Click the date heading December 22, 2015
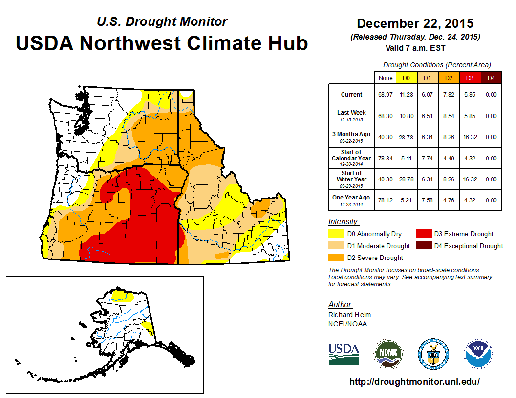(415, 23)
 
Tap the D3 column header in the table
(469, 78)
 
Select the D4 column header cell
(491, 78)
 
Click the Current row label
(352, 95)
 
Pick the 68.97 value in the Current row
(385, 95)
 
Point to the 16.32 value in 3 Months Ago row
(469, 137)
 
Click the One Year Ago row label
(351, 198)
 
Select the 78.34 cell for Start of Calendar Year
(385, 158)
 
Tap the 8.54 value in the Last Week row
(448, 116)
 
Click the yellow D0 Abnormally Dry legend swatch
(336, 234)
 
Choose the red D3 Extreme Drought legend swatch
(423, 234)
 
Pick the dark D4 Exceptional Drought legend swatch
(423, 246)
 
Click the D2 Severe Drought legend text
(375, 258)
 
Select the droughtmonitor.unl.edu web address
(414, 382)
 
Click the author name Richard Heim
(349, 315)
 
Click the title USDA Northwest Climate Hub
(162, 43)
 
